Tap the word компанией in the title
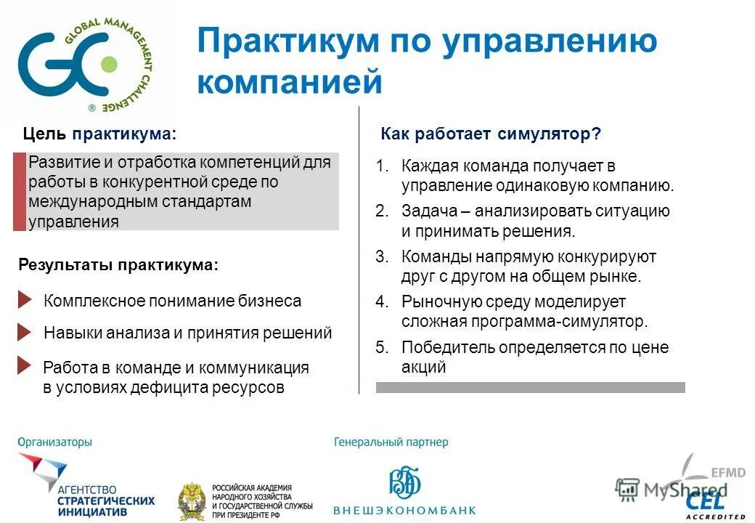[289, 81]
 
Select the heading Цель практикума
[99, 134]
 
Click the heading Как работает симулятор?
[491, 134]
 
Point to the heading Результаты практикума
[118, 265]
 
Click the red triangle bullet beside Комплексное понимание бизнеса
[25, 300]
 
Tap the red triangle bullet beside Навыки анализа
[25, 333]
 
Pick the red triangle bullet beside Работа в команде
[25, 365]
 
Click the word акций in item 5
[423, 367]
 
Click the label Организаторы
[55, 442]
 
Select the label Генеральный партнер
[391, 442]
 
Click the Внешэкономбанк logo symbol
[405, 482]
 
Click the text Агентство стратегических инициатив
[105, 500]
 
